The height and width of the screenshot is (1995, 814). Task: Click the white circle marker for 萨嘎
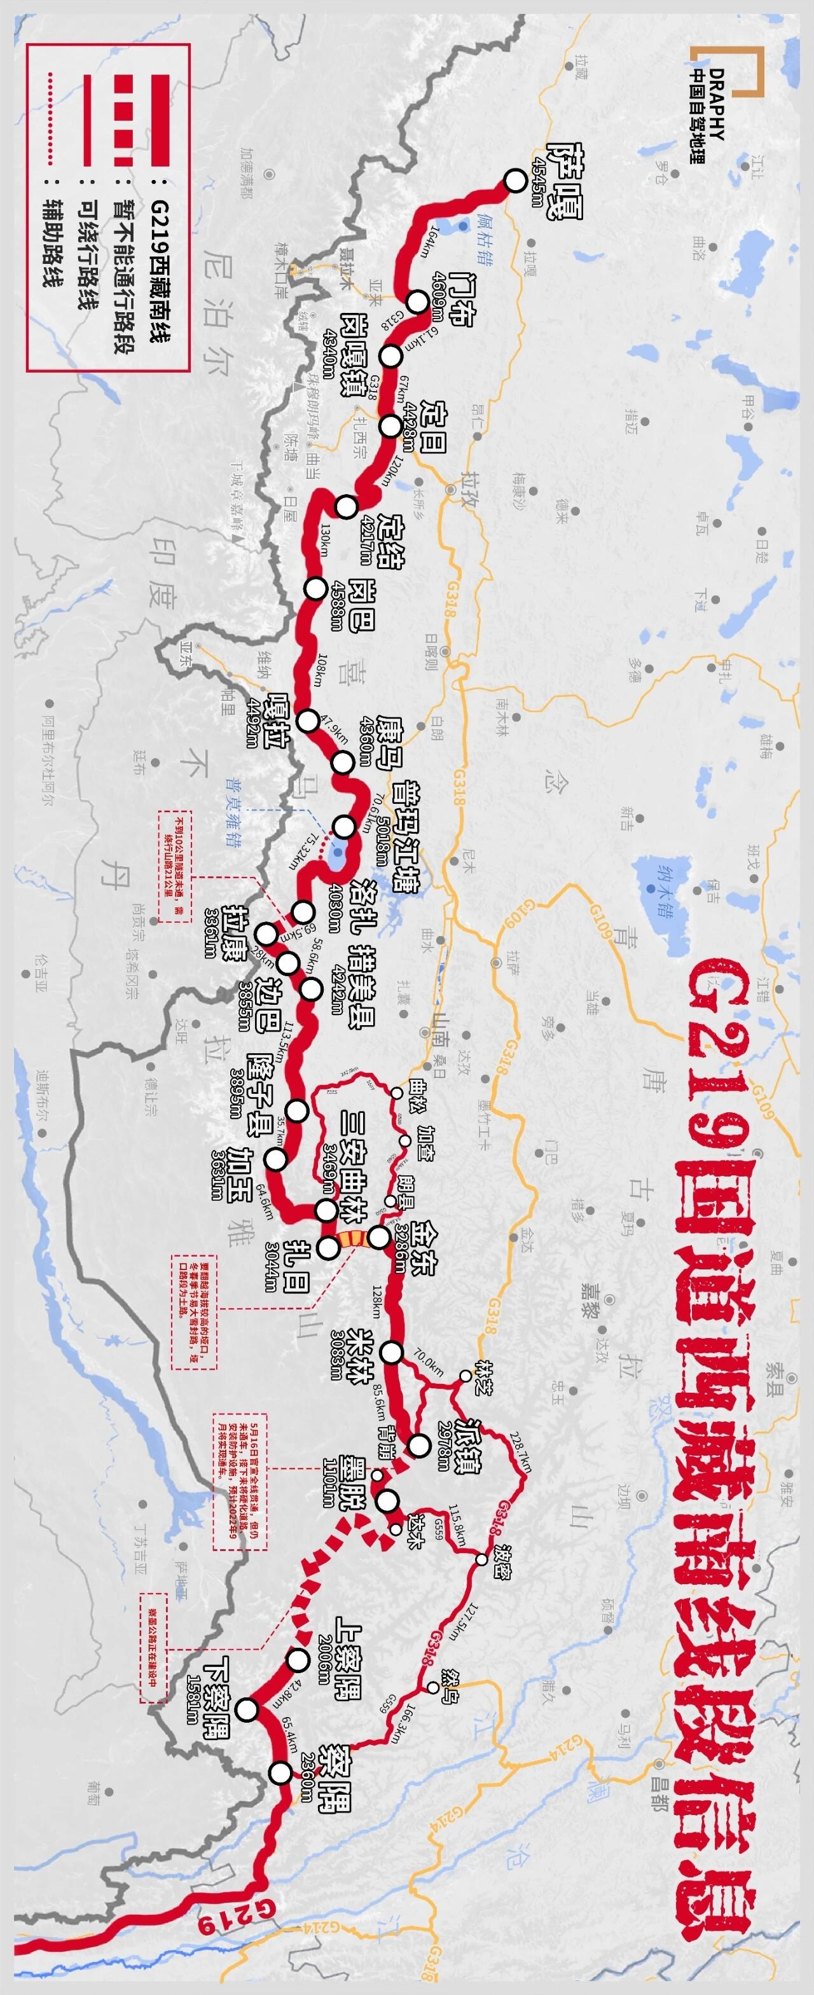[515, 181]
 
